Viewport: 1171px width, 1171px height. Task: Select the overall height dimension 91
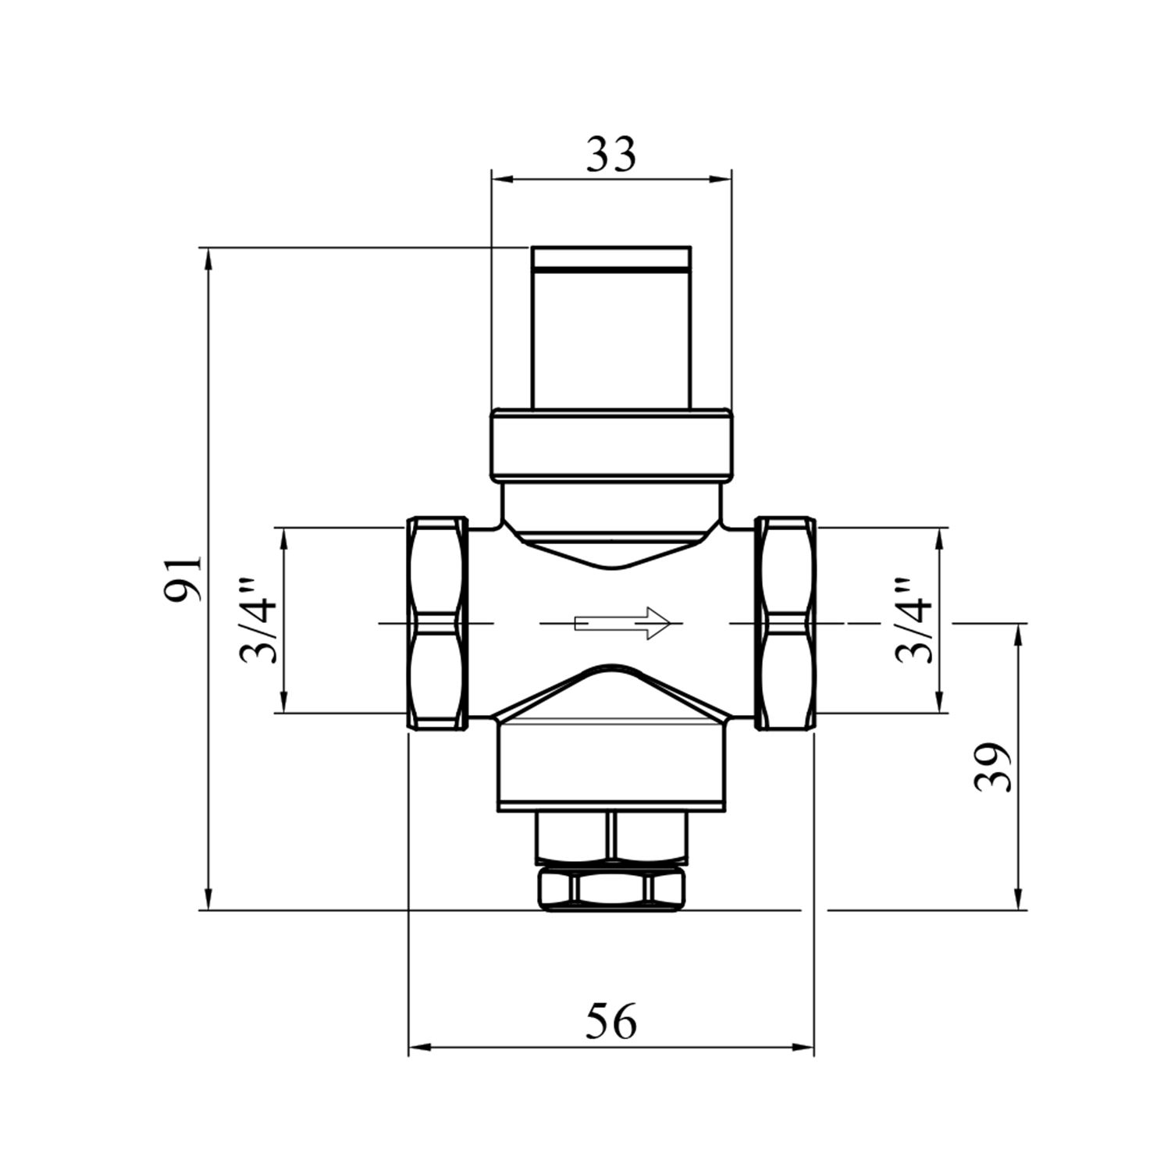(183, 578)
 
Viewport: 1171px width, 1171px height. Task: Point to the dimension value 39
(992, 767)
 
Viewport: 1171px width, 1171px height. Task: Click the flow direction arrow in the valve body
(622, 623)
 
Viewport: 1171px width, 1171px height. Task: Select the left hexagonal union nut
(437, 622)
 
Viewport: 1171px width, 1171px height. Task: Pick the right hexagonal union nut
(785, 622)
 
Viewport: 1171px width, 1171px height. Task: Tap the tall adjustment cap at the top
(611, 328)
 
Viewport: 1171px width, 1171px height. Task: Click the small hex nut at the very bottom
(611, 888)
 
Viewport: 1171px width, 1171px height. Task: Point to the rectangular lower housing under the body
(611, 765)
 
